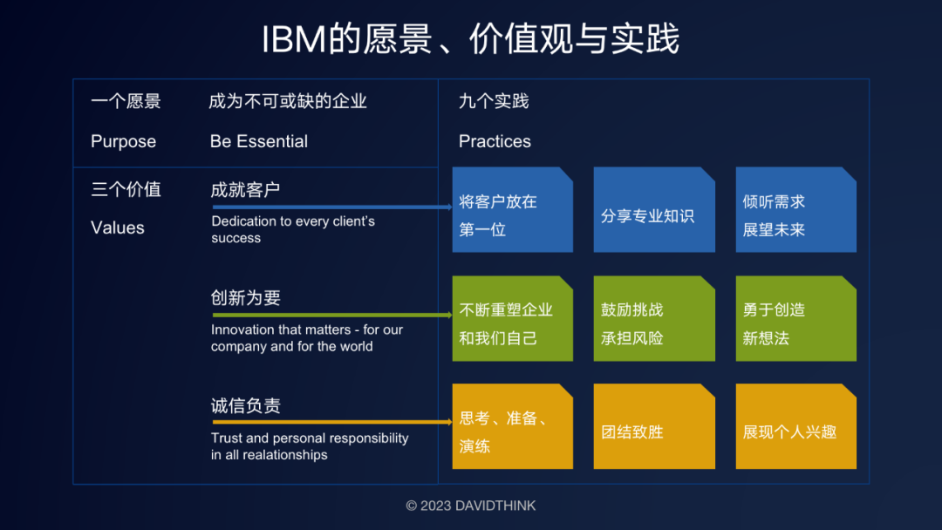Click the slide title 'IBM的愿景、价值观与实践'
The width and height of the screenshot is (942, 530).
coord(470,39)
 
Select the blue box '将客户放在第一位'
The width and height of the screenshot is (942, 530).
coord(512,210)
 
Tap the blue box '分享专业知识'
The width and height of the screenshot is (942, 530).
coord(654,210)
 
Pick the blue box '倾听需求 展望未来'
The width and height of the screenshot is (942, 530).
coord(795,210)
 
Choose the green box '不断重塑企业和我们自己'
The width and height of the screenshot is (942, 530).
coord(512,318)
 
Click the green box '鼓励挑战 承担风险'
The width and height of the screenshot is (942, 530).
coord(654,318)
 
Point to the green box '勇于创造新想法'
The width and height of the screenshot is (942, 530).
coord(795,318)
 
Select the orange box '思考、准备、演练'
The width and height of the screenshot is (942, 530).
coord(512,426)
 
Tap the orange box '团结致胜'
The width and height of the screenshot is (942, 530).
coord(654,426)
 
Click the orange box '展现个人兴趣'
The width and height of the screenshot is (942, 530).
coord(795,426)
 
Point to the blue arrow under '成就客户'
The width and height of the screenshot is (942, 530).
coord(331,207)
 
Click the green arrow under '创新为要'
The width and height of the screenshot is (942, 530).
coord(331,316)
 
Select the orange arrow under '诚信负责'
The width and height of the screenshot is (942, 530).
coord(331,423)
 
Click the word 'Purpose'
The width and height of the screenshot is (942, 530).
coord(123,141)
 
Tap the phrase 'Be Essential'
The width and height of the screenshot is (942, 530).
coord(259,141)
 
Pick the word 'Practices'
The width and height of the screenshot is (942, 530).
coord(495,141)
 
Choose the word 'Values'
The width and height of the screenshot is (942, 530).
coord(118,228)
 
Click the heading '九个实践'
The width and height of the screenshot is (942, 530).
coord(494,101)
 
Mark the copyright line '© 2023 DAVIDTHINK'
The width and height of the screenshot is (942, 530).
coord(471,506)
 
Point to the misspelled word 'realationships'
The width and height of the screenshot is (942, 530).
coord(285,454)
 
